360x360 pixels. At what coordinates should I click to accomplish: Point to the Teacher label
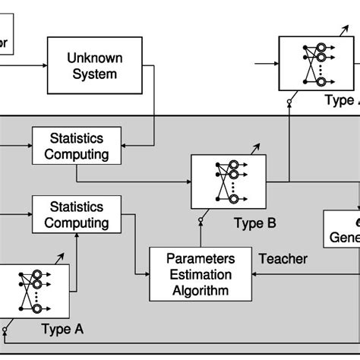pos(283,259)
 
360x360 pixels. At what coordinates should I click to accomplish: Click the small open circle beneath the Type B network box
pos(201,221)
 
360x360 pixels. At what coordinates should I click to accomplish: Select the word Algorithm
pos(201,290)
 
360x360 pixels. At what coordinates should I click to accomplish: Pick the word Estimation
pos(201,274)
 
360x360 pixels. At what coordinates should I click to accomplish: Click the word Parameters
pos(201,258)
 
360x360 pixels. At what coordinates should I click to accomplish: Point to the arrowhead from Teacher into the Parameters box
pos(256,276)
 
